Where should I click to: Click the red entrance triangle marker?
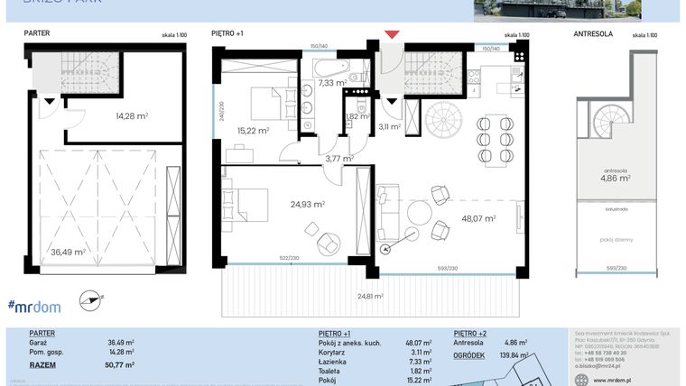pyautogui.click(x=391, y=35)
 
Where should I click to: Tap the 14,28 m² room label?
pyautogui.click(x=131, y=115)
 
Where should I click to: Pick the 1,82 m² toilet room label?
pyautogui.click(x=357, y=116)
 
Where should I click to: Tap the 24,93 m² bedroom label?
pyautogui.click(x=307, y=205)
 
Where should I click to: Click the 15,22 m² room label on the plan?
pyautogui.click(x=253, y=130)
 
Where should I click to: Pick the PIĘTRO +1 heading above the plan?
pyautogui.click(x=227, y=33)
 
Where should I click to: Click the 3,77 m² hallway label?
pyautogui.click(x=339, y=159)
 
